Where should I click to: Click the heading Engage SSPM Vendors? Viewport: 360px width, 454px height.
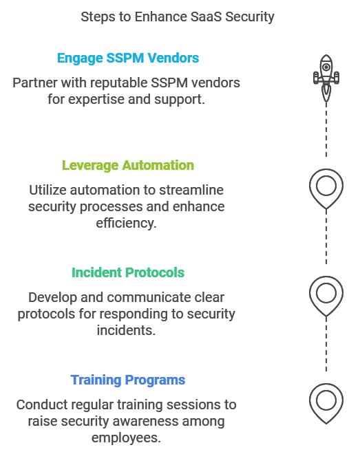pos(128,58)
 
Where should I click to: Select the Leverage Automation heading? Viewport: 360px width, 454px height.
pos(128,166)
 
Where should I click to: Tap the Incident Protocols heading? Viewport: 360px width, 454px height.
pos(128,273)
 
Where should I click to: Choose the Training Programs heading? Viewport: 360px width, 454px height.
pos(128,380)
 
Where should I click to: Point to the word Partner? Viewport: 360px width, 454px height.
pos(35,83)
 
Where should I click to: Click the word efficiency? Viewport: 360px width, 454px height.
pos(126,224)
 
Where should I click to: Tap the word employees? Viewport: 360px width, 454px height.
pos(126,437)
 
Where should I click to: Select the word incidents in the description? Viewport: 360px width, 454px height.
pos(126,330)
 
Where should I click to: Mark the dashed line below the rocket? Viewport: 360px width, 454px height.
pos(326,130)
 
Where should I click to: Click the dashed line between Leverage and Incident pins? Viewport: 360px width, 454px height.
pos(326,237)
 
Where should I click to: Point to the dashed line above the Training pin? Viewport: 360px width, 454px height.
pos(326,344)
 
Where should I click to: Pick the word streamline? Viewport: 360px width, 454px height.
pos(191,191)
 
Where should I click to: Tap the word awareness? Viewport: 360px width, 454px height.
pos(140,421)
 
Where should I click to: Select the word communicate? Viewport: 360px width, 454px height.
pos(149,298)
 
